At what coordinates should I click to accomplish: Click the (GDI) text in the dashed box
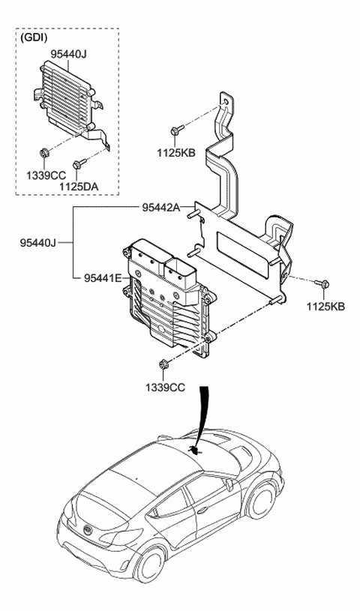click(34, 38)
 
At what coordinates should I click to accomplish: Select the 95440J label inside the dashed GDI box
click(69, 53)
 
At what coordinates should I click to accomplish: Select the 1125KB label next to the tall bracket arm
click(176, 153)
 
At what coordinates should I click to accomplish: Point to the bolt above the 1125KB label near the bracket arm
click(175, 130)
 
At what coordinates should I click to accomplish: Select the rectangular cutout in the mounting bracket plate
click(242, 251)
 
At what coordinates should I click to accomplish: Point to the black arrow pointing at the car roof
click(202, 420)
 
